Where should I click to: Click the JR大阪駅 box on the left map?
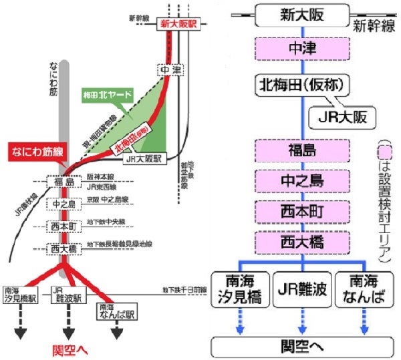pos(144,160)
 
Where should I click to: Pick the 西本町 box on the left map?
pos(64,226)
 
